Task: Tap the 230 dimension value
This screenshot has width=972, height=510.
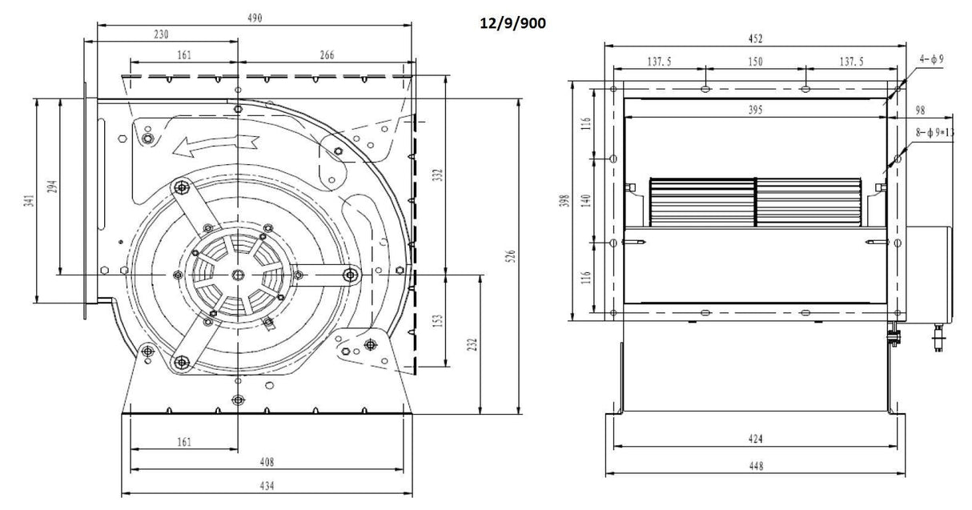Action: pyautogui.click(x=162, y=34)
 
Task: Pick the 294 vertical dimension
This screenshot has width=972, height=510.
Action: pyautogui.click(x=51, y=187)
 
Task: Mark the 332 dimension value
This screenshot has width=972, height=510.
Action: pyautogui.click(x=437, y=175)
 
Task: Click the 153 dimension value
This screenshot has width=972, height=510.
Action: pyautogui.click(x=437, y=320)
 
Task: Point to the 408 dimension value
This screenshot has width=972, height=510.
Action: pyautogui.click(x=267, y=461)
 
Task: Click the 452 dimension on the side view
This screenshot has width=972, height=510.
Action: pyautogui.click(x=755, y=38)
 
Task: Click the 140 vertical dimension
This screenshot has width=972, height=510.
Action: pyautogui.click(x=586, y=200)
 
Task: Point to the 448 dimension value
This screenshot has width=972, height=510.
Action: pyautogui.click(x=755, y=465)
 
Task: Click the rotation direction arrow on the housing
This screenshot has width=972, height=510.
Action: pyautogui.click(x=216, y=145)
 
